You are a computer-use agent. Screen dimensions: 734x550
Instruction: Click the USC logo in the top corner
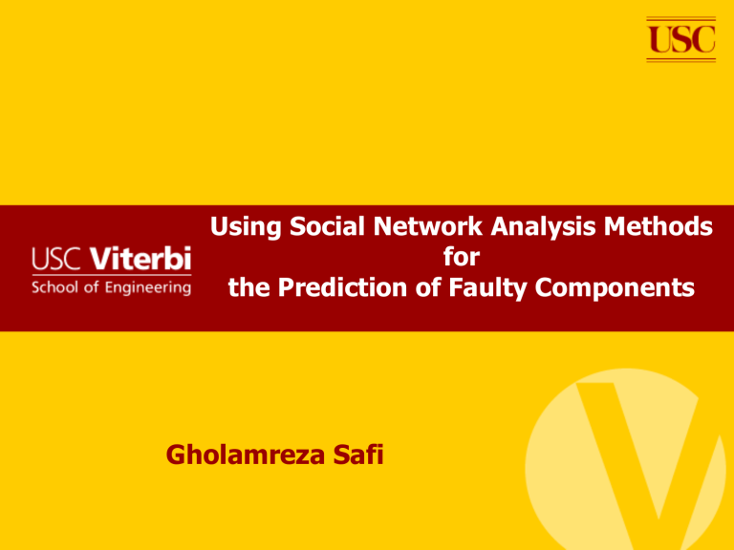pos(681,39)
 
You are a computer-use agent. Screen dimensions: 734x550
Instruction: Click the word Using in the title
pos(246,227)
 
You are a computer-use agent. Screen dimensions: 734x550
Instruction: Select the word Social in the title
pos(327,226)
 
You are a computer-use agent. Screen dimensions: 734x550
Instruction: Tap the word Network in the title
pos(427,226)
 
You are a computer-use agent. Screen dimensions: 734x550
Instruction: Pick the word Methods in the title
pos(658,226)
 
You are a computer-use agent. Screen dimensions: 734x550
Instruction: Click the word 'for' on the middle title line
pos(462,257)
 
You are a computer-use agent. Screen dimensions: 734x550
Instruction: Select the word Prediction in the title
pos(343,287)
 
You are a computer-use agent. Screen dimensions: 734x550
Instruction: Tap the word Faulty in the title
pos(487,288)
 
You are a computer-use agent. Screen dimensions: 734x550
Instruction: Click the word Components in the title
pos(615,288)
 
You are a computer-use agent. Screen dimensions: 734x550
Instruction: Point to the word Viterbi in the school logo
pos(140,259)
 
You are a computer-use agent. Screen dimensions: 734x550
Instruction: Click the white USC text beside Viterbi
pos(56,259)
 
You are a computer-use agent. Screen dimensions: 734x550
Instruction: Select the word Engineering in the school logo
pos(148,288)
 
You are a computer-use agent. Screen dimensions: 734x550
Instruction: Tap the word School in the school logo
pos(54,287)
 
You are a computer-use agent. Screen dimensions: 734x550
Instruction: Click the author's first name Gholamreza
pos(245,455)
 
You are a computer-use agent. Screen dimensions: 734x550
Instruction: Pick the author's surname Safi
pos(358,455)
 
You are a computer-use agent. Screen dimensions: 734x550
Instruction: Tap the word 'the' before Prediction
pos(248,287)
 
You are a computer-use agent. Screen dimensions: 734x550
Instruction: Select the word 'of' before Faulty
pos(428,287)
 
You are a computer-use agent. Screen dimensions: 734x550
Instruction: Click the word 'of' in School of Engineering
pos(92,287)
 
